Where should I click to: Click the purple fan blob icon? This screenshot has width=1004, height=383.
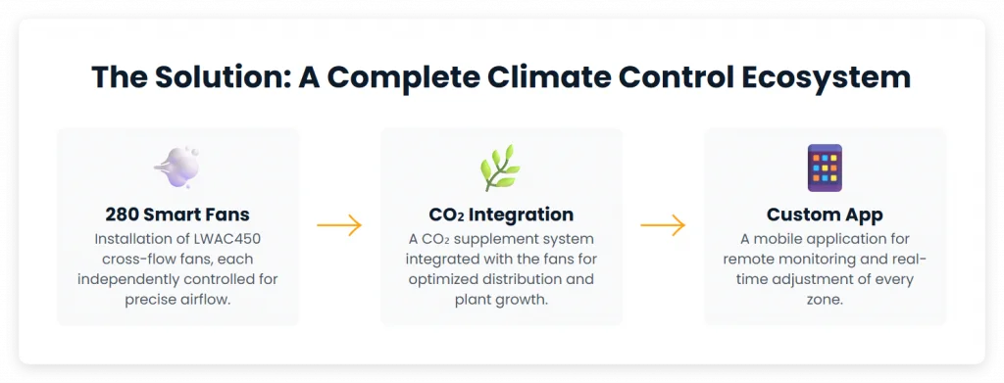point(176,167)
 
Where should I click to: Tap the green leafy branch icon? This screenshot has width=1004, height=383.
point(501,168)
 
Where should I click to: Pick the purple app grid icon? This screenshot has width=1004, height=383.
point(825,168)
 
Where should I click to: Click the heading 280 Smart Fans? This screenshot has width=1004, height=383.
point(177,215)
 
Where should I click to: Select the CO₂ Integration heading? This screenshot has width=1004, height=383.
point(501,215)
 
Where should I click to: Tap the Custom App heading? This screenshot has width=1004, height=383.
point(825,215)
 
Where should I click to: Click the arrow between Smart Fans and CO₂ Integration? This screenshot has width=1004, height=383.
point(339,225)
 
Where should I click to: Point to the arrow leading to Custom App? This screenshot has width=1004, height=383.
point(664,225)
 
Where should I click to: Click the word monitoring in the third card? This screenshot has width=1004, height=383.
point(813,259)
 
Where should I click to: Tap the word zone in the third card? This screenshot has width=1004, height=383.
point(823,300)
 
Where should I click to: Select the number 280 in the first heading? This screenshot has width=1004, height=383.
point(122,215)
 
